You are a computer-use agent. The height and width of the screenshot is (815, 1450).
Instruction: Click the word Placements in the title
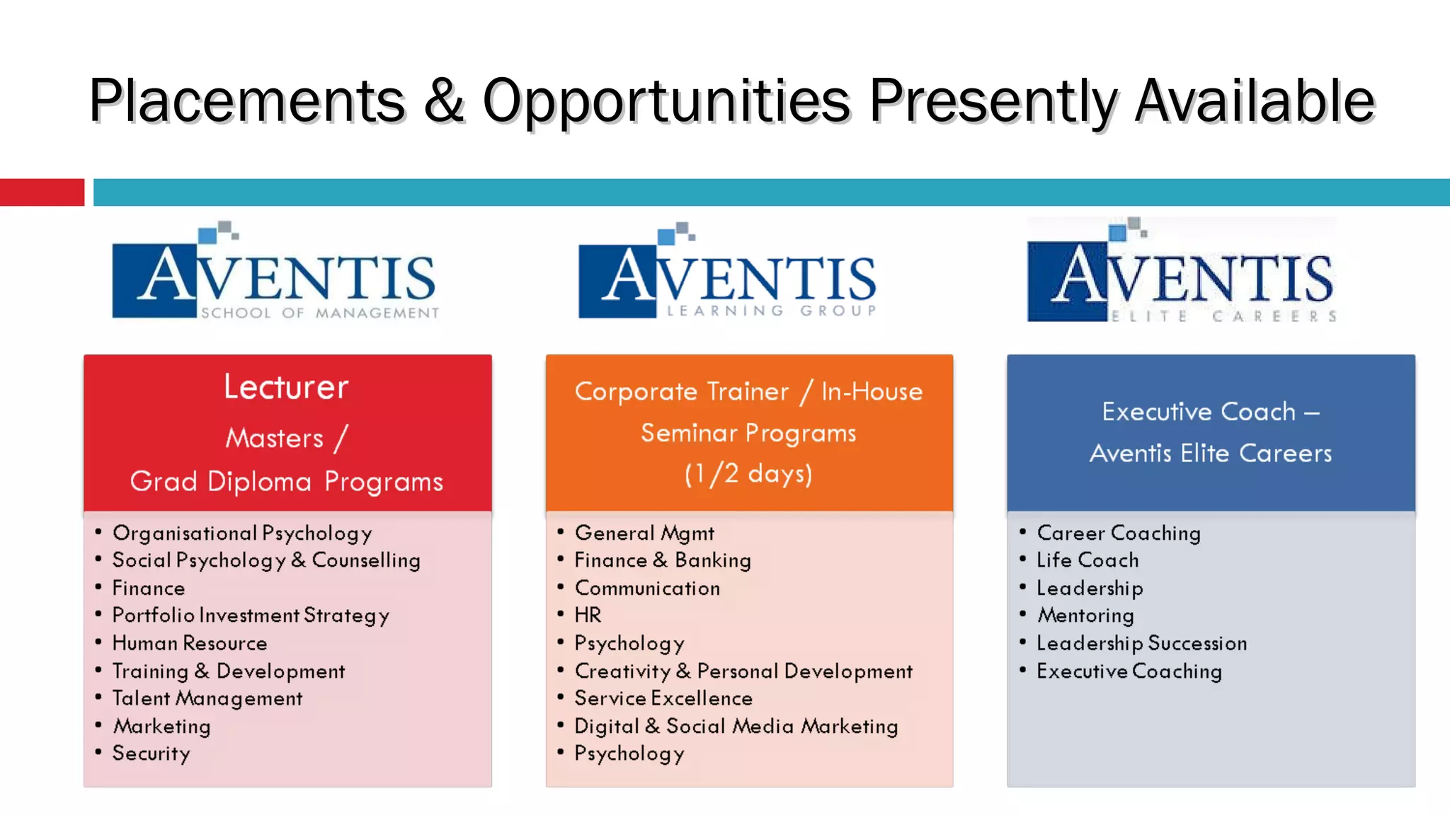pos(246,100)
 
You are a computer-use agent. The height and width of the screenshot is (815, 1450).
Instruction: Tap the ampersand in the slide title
pos(444,100)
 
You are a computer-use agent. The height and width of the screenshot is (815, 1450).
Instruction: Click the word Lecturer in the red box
pos(287,387)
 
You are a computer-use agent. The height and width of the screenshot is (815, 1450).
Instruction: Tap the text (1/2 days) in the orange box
pos(748,473)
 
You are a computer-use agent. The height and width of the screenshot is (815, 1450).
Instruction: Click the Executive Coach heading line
pos(1210,412)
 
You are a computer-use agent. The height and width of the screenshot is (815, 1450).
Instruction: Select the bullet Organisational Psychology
pos(242,533)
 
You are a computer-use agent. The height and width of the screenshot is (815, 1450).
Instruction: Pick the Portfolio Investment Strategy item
pos(251,615)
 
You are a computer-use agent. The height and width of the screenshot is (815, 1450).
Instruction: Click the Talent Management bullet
pos(207,698)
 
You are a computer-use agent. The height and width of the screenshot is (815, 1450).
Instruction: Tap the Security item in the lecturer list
pos(152,753)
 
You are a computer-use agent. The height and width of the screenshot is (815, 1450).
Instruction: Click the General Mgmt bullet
pos(644,533)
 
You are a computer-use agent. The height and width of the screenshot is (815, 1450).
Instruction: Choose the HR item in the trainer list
pos(588,615)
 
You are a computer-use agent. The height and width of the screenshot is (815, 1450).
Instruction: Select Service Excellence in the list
pos(663,698)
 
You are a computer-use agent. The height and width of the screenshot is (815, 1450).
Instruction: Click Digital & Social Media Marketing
pos(736,727)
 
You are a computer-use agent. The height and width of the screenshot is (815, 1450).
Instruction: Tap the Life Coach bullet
pos(1087,560)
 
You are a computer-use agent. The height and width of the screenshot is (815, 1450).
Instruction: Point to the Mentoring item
pos(1085,615)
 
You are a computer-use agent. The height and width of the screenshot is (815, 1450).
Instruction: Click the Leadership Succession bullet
pos(1141,643)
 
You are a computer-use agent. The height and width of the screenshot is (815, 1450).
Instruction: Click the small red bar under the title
pos(42,192)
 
